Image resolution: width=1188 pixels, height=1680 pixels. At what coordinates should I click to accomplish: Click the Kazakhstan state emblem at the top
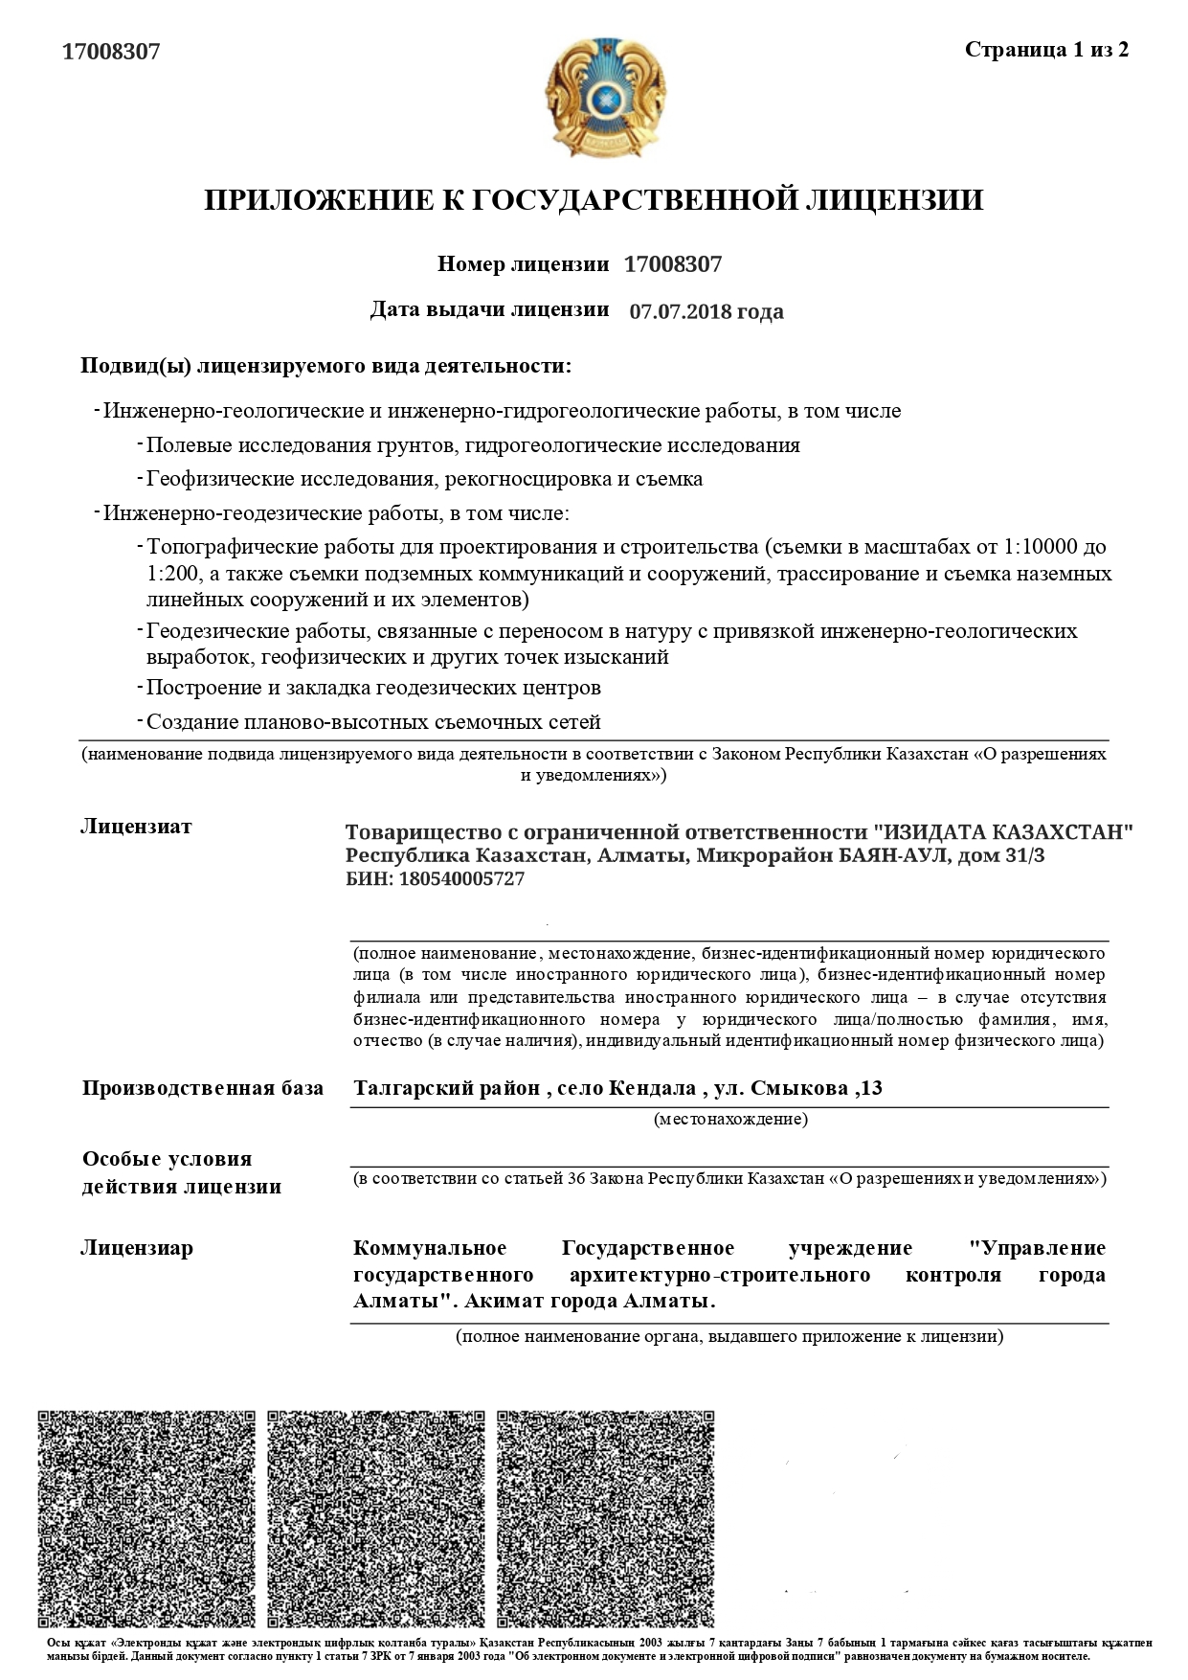(x=604, y=97)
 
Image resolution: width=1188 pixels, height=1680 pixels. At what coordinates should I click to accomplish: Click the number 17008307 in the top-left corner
(x=111, y=52)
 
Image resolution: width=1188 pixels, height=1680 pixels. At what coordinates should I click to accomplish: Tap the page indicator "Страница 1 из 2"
(x=1046, y=50)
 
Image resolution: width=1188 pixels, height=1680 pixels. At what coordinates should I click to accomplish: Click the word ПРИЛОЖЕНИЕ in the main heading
(x=310, y=200)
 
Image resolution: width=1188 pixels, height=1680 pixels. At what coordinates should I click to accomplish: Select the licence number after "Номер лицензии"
(x=672, y=264)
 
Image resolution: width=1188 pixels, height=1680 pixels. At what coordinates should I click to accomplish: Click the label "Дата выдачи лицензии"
(x=489, y=309)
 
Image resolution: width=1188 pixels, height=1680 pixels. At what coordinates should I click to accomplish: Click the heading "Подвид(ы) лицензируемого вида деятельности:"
(x=325, y=366)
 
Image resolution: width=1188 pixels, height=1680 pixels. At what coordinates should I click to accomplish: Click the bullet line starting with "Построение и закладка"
(x=373, y=688)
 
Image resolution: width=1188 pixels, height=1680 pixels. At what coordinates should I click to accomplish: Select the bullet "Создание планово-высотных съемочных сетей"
(x=373, y=722)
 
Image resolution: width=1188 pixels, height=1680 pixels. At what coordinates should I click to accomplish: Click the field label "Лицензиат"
(x=136, y=827)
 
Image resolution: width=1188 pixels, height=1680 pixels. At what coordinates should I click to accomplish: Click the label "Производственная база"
(x=202, y=1088)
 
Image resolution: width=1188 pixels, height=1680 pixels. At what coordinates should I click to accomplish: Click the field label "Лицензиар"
(x=137, y=1248)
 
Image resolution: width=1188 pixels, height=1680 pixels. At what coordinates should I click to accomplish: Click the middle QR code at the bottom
(x=374, y=1518)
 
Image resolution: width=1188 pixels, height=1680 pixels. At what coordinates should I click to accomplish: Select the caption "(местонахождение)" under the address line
(x=730, y=1119)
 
